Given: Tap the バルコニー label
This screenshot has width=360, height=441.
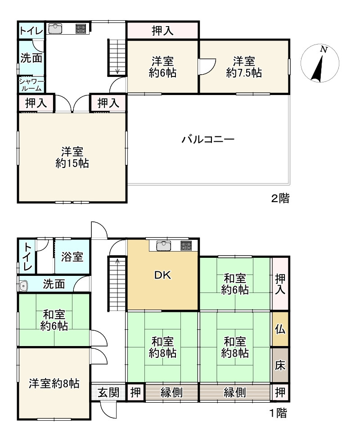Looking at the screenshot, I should click(208, 139).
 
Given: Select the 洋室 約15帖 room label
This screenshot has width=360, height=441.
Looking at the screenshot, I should click(72, 157).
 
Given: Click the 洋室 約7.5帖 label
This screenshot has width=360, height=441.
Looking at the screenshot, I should click(244, 67).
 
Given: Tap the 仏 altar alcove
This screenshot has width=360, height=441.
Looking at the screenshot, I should click(280, 329).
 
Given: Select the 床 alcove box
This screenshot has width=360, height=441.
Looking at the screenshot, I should click(280, 365).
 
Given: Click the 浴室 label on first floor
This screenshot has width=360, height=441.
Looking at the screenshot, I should click(72, 256).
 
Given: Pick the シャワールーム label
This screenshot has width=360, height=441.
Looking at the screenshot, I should click(31, 85).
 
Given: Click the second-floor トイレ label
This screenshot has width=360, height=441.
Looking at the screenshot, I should click(31, 31).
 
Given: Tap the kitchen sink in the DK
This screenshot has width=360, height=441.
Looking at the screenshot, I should click(163, 246).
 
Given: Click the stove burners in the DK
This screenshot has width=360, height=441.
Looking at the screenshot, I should click(186, 246).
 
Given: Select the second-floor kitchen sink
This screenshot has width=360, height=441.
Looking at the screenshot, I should click(55, 29).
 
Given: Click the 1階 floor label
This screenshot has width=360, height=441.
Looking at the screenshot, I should click(278, 413).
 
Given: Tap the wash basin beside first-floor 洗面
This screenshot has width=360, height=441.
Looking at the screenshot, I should click(24, 285).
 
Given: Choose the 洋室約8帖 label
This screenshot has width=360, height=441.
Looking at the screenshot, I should click(54, 384).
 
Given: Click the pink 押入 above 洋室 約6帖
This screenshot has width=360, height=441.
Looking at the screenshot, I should click(162, 31).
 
